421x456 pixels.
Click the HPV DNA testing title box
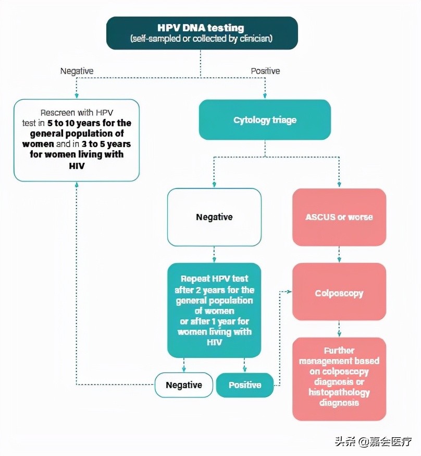tap(202, 32)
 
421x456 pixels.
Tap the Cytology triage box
tap(265, 120)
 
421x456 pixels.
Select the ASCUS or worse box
tap(339, 217)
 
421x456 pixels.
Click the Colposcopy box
tap(339, 293)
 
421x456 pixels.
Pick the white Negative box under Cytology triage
tap(214, 217)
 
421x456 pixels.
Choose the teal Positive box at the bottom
tap(245, 385)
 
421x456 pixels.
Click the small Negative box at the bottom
tap(184, 385)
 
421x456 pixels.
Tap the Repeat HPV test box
tap(214, 310)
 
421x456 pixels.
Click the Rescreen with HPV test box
tap(77, 140)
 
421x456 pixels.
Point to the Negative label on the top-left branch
tap(77, 71)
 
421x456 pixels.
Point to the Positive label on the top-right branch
tap(265, 71)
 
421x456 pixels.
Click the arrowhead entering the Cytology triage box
tap(265, 96)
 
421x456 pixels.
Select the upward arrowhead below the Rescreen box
tap(77, 185)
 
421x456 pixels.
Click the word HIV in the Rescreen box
tap(76, 165)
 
